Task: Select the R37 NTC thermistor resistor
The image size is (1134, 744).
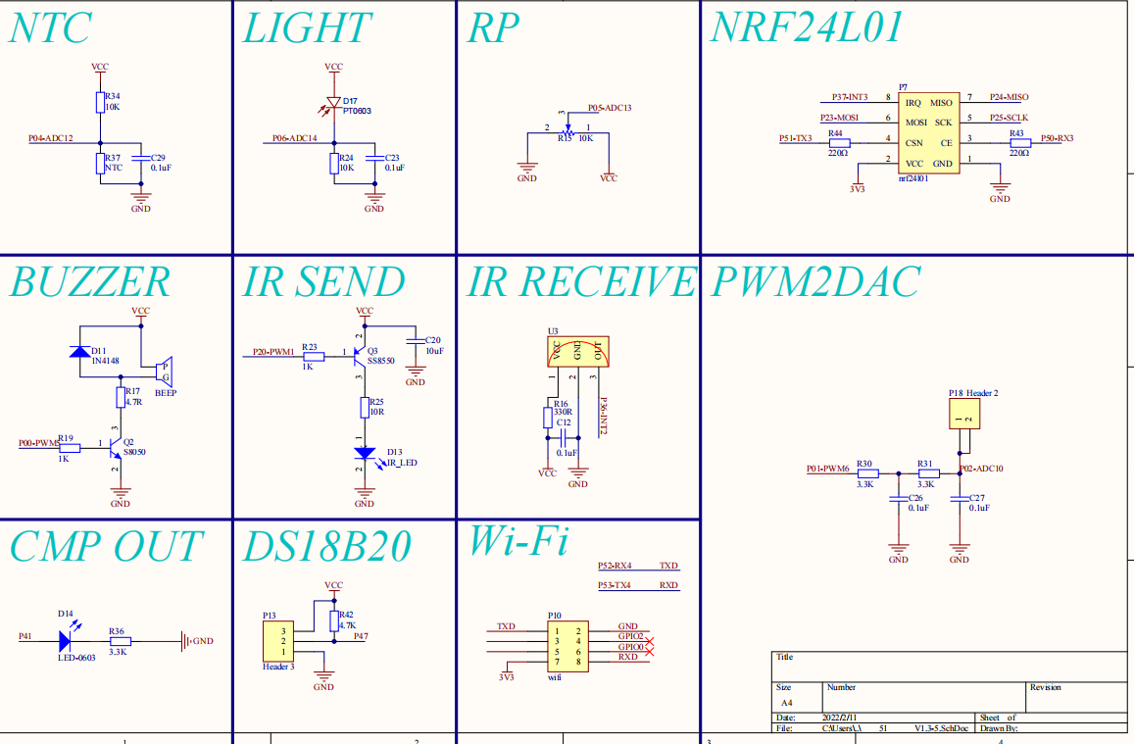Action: [x=100, y=164]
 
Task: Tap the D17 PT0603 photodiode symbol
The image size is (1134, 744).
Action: [x=333, y=102]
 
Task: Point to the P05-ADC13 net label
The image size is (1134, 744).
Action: [x=609, y=108]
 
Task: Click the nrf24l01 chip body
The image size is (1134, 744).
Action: [x=927, y=132]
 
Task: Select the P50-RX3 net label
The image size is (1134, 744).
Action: [x=1057, y=138]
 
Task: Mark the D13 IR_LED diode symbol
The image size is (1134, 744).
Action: [x=365, y=454]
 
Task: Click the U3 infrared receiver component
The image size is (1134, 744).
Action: [x=577, y=352]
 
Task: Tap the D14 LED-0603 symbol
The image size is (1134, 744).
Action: [x=65, y=641]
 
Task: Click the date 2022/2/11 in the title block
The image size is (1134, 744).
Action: [x=841, y=718]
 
